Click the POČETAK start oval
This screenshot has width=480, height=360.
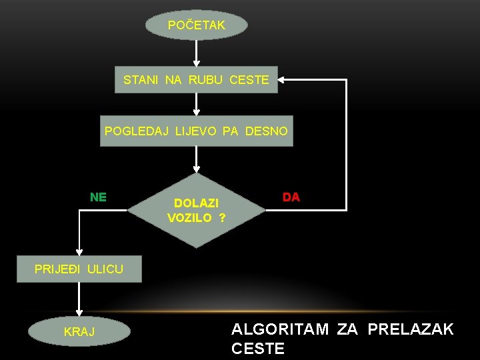(197, 25)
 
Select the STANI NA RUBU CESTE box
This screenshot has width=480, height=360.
(196, 80)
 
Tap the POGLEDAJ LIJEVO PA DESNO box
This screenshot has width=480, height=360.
(196, 131)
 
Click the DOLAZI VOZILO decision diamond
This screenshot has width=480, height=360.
(196, 210)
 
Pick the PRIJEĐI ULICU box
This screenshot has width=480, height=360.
(79, 269)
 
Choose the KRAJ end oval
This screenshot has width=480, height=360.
(79, 331)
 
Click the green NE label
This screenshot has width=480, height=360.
(98, 197)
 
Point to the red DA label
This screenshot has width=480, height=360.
(291, 197)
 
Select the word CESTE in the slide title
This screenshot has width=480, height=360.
(258, 348)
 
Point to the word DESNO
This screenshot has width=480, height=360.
(267, 131)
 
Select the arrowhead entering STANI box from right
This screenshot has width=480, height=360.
(283, 80)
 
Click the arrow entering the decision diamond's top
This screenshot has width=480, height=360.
(196, 160)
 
